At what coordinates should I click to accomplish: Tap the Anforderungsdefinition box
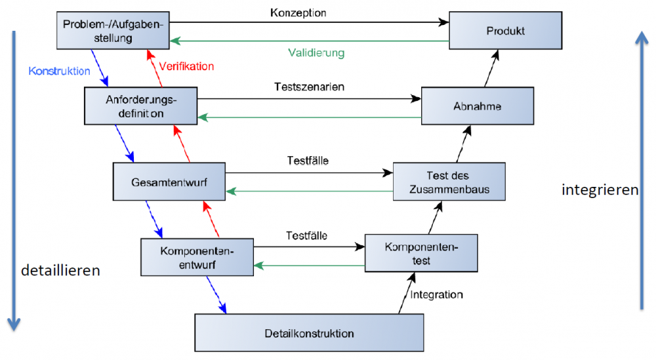click(141, 106)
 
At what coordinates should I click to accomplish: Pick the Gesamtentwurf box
click(169, 182)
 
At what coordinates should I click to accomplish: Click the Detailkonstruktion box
click(309, 333)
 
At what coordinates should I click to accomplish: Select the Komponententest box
click(421, 254)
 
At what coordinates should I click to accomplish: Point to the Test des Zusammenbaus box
click(449, 182)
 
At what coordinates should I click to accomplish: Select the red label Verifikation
click(187, 66)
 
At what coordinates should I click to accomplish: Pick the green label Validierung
click(316, 52)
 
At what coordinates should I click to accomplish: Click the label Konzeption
click(298, 12)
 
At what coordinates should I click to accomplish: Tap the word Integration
click(437, 294)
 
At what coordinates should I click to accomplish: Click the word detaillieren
click(60, 270)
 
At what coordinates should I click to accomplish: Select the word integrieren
click(600, 190)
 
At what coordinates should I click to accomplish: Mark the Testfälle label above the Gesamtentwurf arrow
click(308, 160)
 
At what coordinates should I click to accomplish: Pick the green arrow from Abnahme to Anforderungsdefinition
click(308, 117)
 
